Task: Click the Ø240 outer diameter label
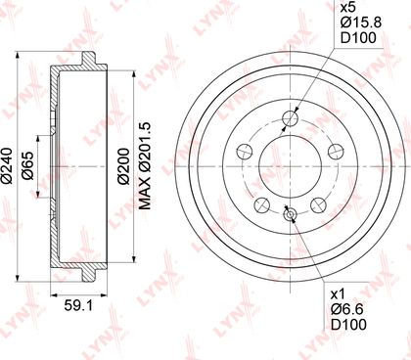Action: click(7, 166)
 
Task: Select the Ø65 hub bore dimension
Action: click(28, 165)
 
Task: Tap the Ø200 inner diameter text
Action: click(124, 166)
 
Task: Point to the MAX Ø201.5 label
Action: click(146, 166)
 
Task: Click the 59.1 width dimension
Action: click(78, 305)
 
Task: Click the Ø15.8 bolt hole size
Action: click(361, 22)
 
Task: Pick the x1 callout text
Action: click(338, 294)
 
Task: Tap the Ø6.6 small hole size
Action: click(346, 309)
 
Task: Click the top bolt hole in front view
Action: click(291, 118)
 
